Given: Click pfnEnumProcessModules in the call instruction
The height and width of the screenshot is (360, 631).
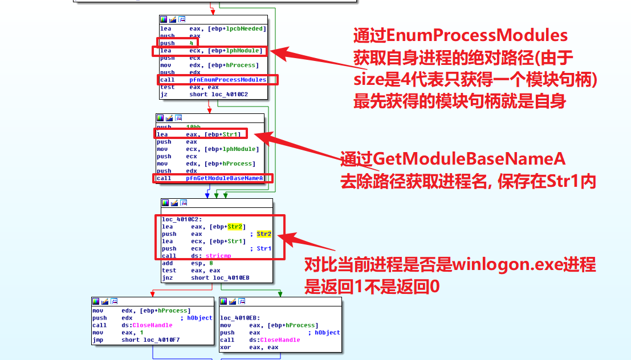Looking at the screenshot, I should click(x=227, y=80).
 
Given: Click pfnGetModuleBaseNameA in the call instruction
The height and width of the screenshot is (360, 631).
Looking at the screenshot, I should click(x=224, y=178).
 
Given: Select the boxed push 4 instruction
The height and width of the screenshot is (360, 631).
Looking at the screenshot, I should click(x=177, y=43).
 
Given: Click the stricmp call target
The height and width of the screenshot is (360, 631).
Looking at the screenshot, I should click(x=217, y=256).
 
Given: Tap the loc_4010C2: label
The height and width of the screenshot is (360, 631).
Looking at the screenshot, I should click(x=178, y=219).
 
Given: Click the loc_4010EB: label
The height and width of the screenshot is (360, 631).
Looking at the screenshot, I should click(x=240, y=318).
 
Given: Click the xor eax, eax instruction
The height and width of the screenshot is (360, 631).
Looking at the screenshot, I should click(x=249, y=347).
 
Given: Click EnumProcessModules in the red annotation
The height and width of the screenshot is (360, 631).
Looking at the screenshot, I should click(x=477, y=36).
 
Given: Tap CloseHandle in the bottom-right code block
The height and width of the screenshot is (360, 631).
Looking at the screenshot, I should click(x=275, y=340).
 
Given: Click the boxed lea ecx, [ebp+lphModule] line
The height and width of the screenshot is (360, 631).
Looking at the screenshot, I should click(x=211, y=51).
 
